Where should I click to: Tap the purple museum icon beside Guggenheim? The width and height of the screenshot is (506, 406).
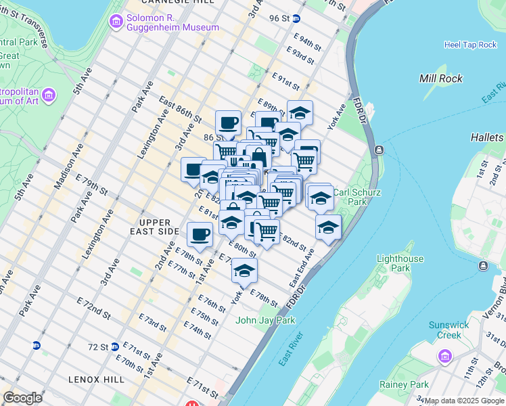click(116, 22)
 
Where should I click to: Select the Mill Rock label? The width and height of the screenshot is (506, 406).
click(441, 78)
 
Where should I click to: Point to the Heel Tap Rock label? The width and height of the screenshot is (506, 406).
click(470, 45)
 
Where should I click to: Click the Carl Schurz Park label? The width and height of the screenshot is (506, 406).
click(357, 197)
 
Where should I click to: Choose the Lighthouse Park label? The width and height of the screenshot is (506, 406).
click(400, 263)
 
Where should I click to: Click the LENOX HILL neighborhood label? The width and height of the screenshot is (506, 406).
click(96, 380)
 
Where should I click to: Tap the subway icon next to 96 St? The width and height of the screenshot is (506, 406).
click(306, 18)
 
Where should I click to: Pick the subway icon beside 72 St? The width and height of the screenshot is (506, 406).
click(115, 346)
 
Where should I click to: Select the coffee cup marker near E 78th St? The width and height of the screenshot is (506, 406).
click(200, 234)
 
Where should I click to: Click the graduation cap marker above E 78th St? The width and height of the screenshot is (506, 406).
click(244, 271)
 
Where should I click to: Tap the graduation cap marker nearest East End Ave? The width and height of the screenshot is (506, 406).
click(328, 227)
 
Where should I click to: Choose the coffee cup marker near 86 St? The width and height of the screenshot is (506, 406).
click(229, 123)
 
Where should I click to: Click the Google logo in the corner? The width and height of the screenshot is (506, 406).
click(22, 398)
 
